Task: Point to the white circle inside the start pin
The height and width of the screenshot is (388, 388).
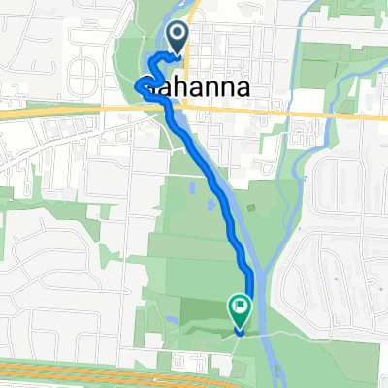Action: tap(179, 34)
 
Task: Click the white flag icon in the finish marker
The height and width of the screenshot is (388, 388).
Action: tap(240, 307)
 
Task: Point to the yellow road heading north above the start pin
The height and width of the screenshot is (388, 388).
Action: tap(193, 15)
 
